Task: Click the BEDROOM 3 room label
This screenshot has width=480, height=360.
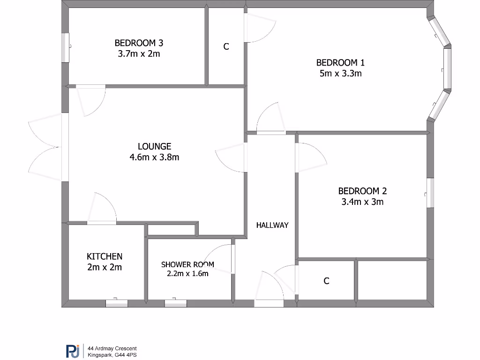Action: pyautogui.click(x=139, y=43)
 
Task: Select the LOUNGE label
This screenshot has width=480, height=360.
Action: pyautogui.click(x=154, y=146)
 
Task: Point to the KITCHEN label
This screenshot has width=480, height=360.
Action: pyautogui.click(x=105, y=256)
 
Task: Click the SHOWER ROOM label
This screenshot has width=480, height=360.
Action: pyautogui.click(x=187, y=264)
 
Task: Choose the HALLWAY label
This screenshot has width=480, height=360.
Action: pyautogui.click(x=272, y=225)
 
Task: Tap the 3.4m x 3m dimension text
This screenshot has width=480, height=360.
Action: pyautogui.click(x=362, y=202)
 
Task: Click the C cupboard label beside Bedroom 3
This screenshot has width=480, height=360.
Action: pyautogui.click(x=226, y=47)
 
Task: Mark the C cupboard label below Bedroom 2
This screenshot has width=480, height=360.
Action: pyautogui.click(x=326, y=281)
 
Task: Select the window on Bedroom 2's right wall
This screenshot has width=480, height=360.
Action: pyautogui.click(x=430, y=193)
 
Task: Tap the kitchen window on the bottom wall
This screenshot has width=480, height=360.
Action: pyautogui.click(x=117, y=303)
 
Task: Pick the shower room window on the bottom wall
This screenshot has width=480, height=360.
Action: pyautogui.click(x=175, y=303)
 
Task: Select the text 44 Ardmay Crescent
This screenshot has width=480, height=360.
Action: pyautogui.click(x=112, y=348)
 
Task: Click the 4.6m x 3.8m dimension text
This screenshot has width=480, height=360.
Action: pyautogui.click(x=154, y=157)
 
